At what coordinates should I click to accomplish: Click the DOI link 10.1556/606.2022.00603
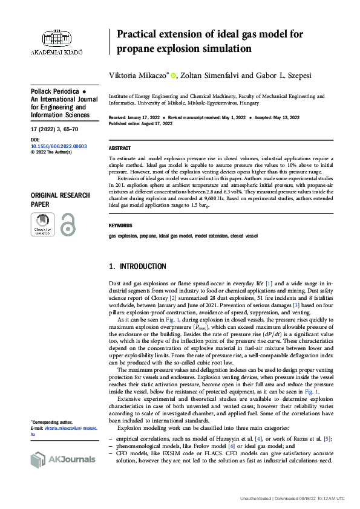tap(59, 146)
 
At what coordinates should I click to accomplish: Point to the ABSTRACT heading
tap(119, 148)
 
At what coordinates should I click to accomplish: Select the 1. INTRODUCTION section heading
tap(137, 267)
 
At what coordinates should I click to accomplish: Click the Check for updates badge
tap(42, 224)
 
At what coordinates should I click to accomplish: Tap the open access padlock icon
tap(67, 224)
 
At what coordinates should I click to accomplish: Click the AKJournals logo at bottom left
tap(63, 459)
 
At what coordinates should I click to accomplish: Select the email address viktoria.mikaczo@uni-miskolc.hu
tap(63, 431)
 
